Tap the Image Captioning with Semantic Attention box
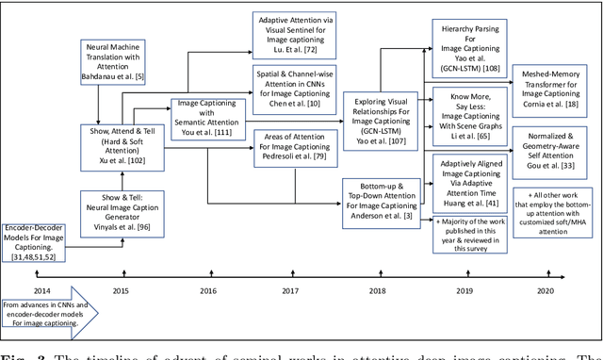coord(205,119)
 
